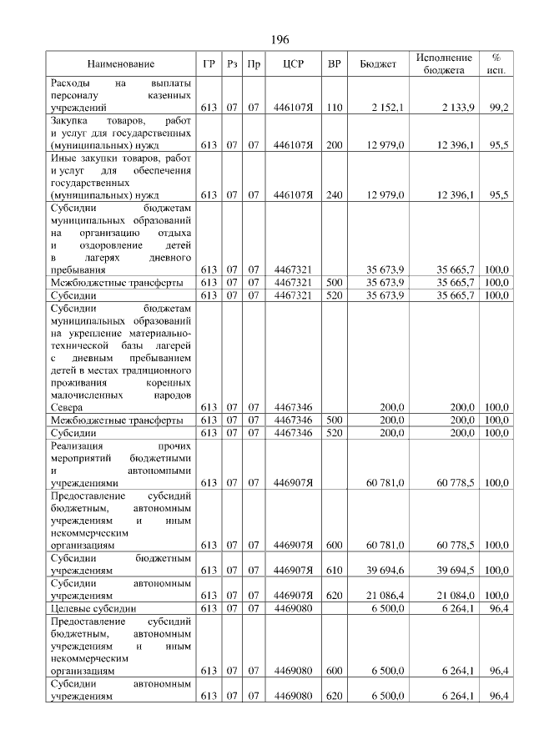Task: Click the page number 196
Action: pos(280,40)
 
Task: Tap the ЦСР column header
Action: pos(292,64)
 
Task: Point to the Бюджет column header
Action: pos(377,64)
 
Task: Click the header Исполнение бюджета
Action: pos(445,64)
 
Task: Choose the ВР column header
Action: pos(334,64)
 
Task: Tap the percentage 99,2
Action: pos(500,108)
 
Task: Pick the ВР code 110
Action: pos(335,108)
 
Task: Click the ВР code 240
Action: pos(335,195)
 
